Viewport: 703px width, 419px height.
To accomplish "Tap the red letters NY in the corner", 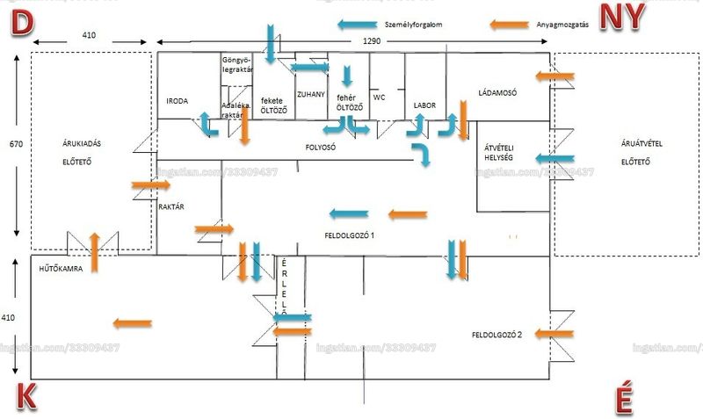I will [x=622, y=17].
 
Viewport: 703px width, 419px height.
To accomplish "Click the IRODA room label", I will [x=177, y=102].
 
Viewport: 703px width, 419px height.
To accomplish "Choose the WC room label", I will [x=380, y=98].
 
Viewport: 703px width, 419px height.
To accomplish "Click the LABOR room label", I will [x=424, y=105].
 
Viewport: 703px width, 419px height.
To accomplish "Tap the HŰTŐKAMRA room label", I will [x=61, y=269].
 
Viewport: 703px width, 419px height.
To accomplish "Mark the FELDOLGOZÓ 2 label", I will [x=502, y=335].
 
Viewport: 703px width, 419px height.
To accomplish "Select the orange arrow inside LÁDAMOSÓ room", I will [x=555, y=78].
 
